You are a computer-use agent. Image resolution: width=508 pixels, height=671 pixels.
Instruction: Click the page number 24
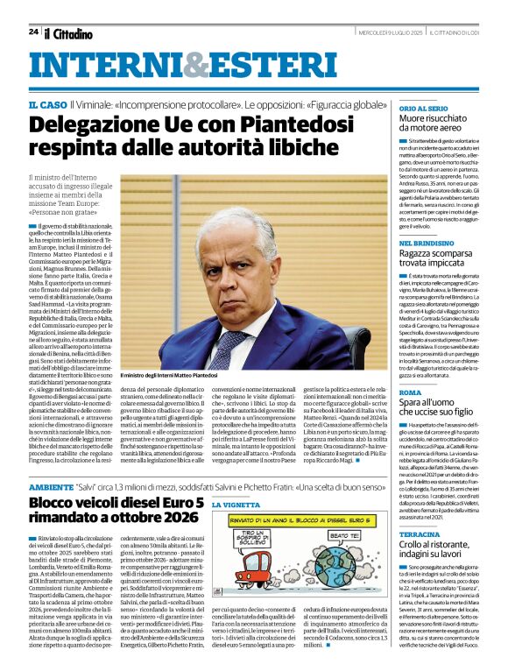click(x=32, y=32)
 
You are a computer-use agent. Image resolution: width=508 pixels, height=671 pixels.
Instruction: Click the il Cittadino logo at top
click(x=69, y=32)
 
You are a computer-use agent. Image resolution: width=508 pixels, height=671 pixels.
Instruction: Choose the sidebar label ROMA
click(x=411, y=393)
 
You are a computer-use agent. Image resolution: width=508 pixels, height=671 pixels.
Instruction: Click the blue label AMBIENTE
click(x=51, y=486)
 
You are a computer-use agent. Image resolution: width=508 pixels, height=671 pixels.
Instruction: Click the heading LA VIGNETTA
click(x=236, y=506)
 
